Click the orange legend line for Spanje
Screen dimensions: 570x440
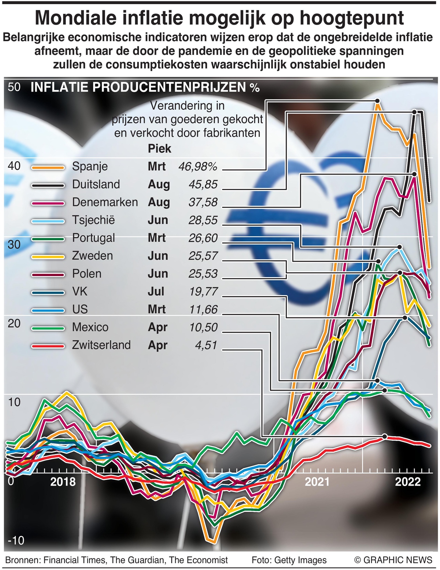point(48,167)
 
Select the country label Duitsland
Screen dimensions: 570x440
point(96,185)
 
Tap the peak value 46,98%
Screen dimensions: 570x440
point(198,167)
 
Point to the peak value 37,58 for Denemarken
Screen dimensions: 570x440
point(203,202)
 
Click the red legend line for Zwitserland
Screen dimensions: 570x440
point(48,346)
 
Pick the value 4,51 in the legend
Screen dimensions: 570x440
point(206,345)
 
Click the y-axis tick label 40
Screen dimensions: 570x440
point(14,166)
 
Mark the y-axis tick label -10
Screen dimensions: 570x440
point(16,541)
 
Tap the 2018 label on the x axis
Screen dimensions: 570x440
point(63,482)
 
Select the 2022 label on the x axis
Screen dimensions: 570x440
point(407,482)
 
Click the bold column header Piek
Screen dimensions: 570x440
point(159,149)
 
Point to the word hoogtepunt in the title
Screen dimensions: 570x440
point(352,18)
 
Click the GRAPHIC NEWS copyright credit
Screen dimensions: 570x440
point(393,560)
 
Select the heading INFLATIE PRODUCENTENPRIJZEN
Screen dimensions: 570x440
point(138,87)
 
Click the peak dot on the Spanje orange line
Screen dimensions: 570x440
point(377,101)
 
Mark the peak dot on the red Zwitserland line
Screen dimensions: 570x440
point(384,436)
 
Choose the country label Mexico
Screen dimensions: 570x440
point(90,327)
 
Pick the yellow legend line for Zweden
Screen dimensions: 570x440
point(48,257)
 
